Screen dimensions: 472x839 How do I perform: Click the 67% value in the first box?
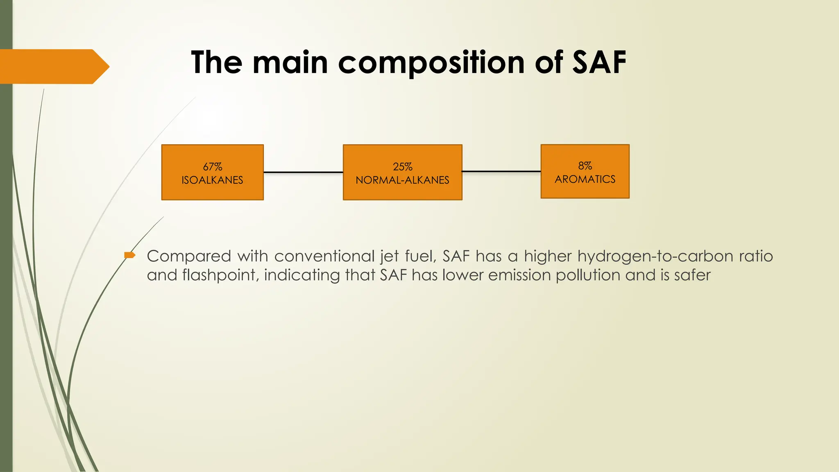[x=213, y=167]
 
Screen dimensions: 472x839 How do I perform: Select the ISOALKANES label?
[x=212, y=180]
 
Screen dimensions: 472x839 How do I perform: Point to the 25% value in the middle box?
[x=402, y=167]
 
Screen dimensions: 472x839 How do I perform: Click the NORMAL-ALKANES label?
[x=402, y=180]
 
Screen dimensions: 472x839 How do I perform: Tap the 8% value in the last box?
[x=585, y=166]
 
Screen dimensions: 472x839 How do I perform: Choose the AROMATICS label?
[x=585, y=179]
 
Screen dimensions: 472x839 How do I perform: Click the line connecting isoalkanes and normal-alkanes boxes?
[x=303, y=172]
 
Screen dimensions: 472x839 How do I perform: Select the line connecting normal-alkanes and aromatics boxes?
[x=501, y=171]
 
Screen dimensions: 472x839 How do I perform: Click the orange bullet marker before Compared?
[x=129, y=256]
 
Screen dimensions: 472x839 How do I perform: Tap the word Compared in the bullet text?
[x=189, y=256]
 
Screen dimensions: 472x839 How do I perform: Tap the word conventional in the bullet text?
[x=324, y=256]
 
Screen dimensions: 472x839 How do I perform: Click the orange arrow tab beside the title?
[x=53, y=66]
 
